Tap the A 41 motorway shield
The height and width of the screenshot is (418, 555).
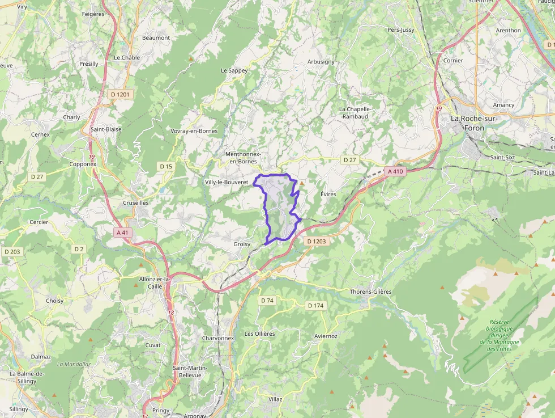click(122, 232)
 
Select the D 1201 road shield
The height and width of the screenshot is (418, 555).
click(119, 94)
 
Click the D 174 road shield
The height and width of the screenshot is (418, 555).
click(316, 306)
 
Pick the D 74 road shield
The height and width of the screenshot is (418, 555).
click(267, 300)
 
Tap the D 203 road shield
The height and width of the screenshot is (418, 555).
click(12, 251)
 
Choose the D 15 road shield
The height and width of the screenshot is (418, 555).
click(165, 166)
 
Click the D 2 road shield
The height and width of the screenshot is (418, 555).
click(79, 248)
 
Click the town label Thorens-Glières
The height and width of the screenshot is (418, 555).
click(370, 292)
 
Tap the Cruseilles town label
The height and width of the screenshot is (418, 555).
click(136, 202)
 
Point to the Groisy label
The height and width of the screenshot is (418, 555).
click(242, 244)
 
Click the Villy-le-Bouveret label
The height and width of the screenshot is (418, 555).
click(227, 182)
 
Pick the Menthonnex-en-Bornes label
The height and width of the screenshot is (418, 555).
click(243, 157)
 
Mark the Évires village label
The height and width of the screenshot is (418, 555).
click(328, 194)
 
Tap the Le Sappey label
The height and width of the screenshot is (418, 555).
click(234, 70)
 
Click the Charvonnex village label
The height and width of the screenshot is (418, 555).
click(217, 338)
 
